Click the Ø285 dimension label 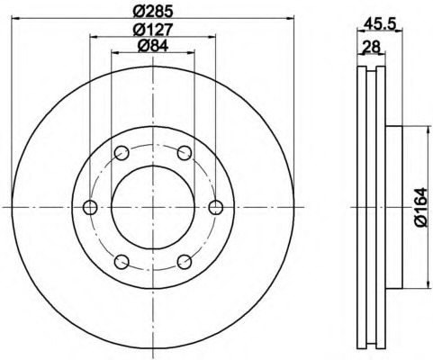[153, 11]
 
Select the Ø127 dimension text [153, 30]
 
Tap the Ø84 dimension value [153, 46]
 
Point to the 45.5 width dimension [380, 23]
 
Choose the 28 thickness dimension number [371, 47]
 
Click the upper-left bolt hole [122, 153]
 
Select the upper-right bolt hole [185, 153]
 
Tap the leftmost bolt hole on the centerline [90, 207]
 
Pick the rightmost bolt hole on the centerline [216, 207]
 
